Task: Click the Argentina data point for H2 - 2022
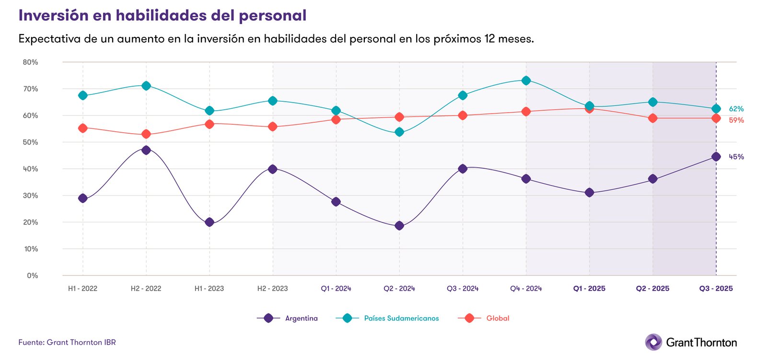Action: coord(146,150)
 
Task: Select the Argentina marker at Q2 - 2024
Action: coord(399,226)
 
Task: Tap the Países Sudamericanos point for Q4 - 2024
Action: coord(526,81)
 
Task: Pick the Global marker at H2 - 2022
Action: coord(146,134)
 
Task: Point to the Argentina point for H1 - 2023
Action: coord(209,222)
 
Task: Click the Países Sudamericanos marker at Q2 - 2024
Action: coord(399,132)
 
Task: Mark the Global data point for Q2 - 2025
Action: coord(652,118)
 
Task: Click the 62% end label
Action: coord(736,109)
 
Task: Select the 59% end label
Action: coord(736,120)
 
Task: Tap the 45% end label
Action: coord(736,157)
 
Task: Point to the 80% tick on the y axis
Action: coord(30,62)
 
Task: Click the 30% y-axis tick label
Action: coord(30,196)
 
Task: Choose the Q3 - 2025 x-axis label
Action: coord(716,289)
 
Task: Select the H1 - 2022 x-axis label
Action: coord(82,289)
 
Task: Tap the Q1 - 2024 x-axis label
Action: coord(336,289)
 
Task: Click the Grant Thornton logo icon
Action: coord(653,342)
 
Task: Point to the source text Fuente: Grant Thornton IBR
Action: coord(67,342)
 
